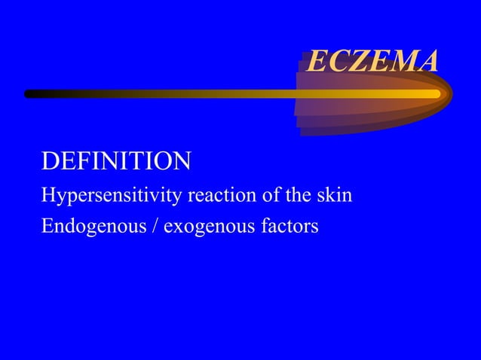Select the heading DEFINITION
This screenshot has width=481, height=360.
[116, 161]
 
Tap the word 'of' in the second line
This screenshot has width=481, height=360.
[274, 196]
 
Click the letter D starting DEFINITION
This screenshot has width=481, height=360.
[50, 161]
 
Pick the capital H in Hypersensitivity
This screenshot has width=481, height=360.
[48, 197]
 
